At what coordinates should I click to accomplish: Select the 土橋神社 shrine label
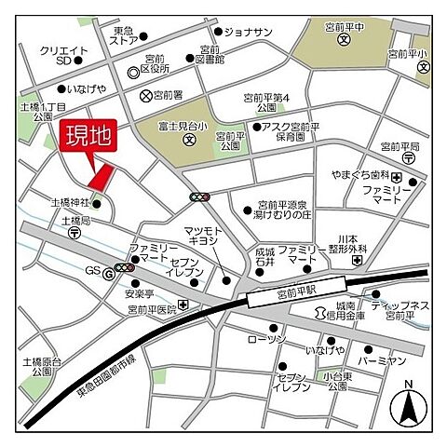click(69, 201)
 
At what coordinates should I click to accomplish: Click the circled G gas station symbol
click(107, 272)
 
